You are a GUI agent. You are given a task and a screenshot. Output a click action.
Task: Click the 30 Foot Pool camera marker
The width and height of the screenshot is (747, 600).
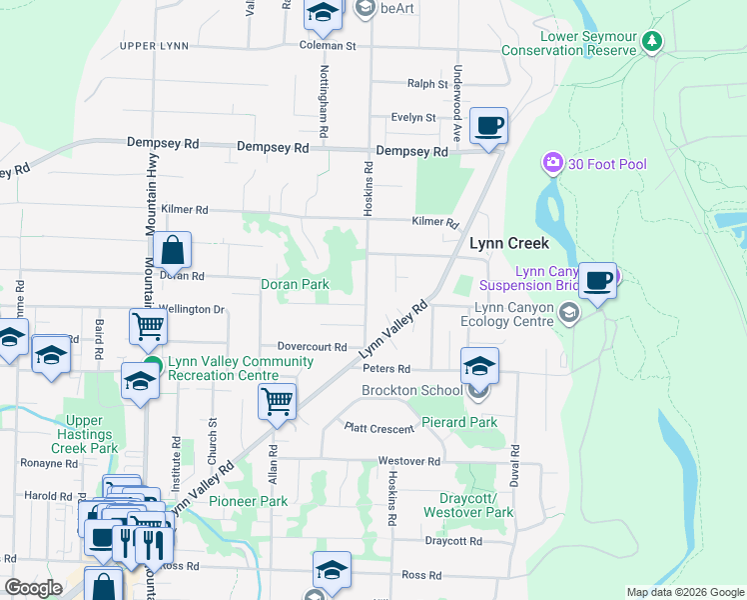[551, 163]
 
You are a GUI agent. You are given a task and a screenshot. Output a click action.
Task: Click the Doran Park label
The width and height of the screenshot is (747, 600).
[295, 284]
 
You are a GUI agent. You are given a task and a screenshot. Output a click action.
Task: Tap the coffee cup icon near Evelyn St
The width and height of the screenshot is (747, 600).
[488, 127]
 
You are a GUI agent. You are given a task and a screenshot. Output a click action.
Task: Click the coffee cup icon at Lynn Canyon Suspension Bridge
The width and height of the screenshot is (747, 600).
[598, 281]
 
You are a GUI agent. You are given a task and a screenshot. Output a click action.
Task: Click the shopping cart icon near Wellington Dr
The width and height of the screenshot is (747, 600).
[148, 325]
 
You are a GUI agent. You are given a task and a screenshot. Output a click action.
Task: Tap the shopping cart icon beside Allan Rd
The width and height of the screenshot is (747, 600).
[277, 402]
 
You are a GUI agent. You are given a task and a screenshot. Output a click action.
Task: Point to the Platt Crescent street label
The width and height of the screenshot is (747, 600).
[378, 429]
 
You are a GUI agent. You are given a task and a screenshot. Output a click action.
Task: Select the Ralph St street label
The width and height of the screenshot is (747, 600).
[427, 85]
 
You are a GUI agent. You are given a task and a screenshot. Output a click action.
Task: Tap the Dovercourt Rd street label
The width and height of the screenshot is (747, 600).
[312, 347]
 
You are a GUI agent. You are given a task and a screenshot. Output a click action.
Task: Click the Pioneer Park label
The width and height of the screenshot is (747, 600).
[248, 501]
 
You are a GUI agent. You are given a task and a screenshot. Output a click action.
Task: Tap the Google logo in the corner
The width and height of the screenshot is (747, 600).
[33, 588]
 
